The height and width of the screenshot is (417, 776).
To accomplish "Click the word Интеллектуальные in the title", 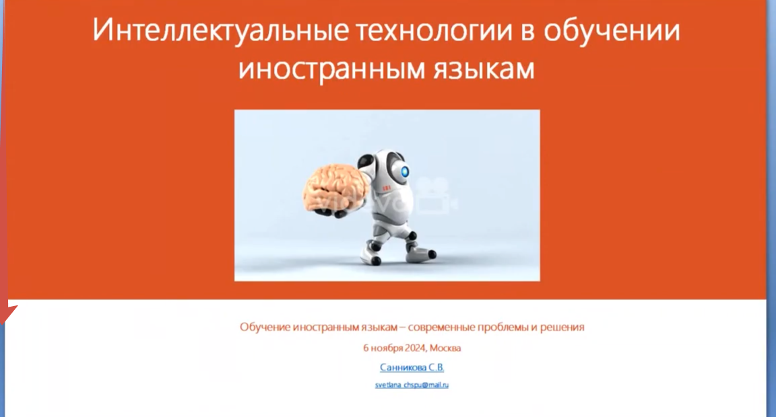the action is (x=221, y=31).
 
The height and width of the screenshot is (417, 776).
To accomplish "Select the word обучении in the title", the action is (x=612, y=31).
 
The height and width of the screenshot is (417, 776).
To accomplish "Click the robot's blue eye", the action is (x=405, y=172).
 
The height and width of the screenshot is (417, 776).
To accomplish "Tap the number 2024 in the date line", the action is (x=415, y=348).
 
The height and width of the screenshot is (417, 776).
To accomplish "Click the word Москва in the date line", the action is (x=445, y=348).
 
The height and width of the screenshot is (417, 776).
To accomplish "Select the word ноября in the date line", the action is (x=386, y=348).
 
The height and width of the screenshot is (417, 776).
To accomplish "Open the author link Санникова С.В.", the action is (x=412, y=367).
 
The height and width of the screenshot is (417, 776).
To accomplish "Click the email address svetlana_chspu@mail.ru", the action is (x=412, y=385).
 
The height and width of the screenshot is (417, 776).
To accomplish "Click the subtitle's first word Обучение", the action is (x=265, y=327).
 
